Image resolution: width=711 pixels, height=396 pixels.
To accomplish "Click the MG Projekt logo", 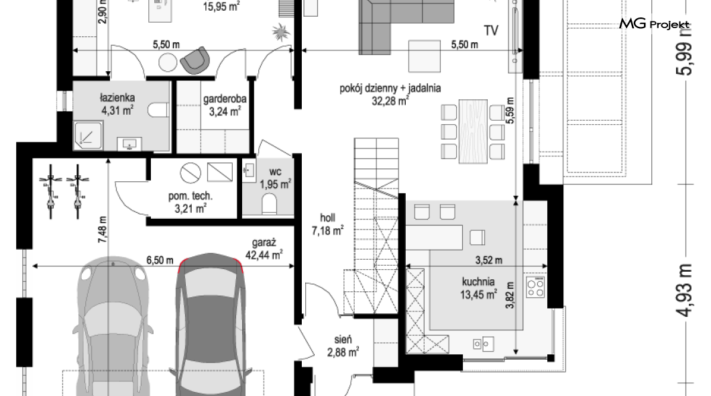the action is [x=654, y=23].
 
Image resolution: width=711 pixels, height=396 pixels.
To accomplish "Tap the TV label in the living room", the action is [x=491, y=30].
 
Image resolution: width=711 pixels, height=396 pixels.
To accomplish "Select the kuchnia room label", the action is [x=478, y=282].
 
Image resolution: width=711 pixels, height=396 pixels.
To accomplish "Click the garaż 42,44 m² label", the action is [x=264, y=249].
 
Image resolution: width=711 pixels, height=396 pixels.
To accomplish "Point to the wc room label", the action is [x=275, y=172].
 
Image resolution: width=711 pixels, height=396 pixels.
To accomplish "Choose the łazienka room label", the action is [x=117, y=97].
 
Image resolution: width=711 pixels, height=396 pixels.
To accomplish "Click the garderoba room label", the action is [x=225, y=99].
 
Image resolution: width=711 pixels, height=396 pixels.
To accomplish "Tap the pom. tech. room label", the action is [x=190, y=197].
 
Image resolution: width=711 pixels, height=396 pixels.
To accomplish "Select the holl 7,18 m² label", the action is [x=327, y=225].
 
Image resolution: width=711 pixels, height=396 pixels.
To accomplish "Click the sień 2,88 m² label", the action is [x=343, y=346].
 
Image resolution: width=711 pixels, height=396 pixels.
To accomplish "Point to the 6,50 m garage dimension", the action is [x=160, y=260].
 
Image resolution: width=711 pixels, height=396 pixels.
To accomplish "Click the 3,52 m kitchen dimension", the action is [x=489, y=260].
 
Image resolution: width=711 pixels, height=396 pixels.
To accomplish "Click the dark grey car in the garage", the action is [x=211, y=324].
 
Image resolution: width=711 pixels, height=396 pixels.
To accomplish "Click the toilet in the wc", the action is [x=270, y=204].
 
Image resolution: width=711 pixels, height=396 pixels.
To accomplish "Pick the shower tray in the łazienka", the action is [x=89, y=136].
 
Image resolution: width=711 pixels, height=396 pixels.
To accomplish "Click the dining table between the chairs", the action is [x=473, y=132].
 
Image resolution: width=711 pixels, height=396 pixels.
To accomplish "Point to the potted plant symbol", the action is [x=281, y=32].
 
